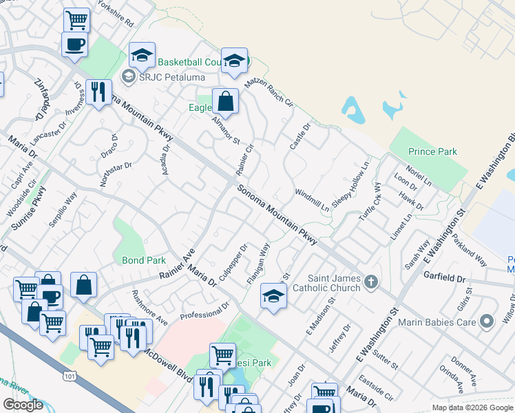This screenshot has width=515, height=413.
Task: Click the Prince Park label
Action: (432, 151)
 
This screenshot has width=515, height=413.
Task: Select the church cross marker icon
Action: (371, 281)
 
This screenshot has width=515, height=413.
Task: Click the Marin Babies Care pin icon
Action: (487, 321)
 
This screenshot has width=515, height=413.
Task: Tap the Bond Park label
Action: (144, 261)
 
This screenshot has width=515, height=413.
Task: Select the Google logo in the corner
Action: (23, 405)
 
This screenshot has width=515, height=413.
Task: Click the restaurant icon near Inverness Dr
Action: (98, 92)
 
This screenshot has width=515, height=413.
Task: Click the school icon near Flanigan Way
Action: (273, 297)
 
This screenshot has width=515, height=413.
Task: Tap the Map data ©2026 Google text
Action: (472, 407)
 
